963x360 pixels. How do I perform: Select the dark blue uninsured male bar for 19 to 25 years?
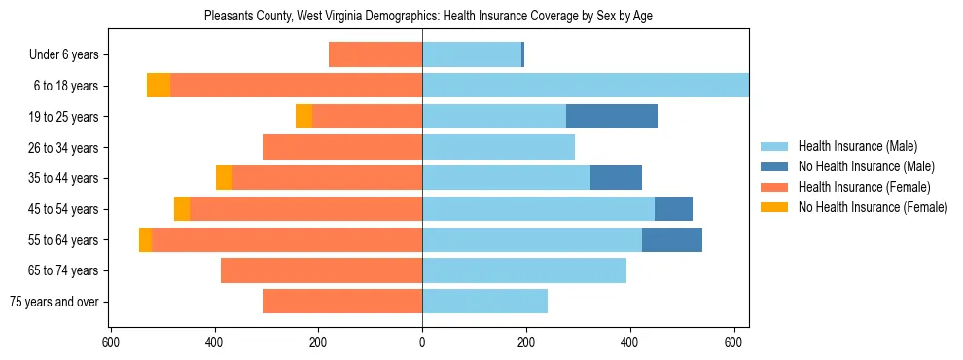(612, 117)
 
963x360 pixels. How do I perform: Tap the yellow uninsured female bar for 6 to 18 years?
(159, 86)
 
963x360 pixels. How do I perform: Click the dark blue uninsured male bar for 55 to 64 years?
(672, 240)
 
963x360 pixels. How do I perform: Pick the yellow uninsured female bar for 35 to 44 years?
(224, 178)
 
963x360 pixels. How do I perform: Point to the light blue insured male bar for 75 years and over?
(484, 302)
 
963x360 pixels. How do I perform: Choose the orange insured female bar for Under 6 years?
(375, 54)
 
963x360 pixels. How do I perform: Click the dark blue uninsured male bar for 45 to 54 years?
(673, 209)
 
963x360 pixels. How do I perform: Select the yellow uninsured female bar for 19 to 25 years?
(303, 117)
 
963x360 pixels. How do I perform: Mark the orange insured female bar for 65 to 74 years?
(321, 270)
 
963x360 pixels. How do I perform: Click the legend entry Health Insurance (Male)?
(857, 146)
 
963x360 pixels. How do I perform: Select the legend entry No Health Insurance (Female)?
(872, 207)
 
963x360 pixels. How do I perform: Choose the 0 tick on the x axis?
(422, 342)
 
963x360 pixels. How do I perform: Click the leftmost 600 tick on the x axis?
(111, 342)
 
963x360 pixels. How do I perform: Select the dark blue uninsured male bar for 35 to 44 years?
(616, 178)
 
